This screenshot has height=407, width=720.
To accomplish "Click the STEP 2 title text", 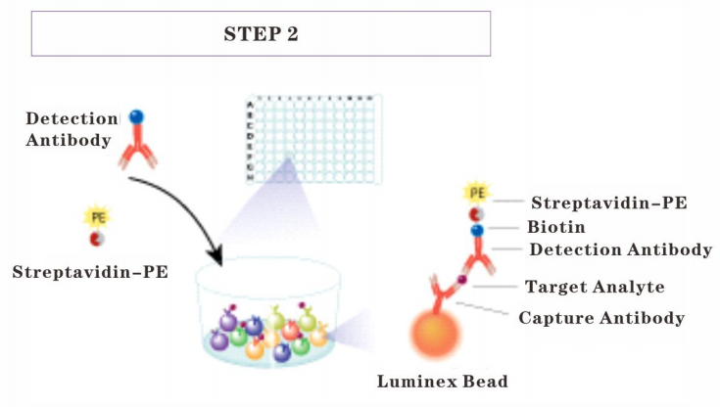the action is (x=261, y=34).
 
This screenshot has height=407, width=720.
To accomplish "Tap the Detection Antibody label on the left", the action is (x=72, y=129).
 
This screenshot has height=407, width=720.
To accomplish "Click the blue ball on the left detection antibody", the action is (x=136, y=117).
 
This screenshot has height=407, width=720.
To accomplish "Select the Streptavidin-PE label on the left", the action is (x=90, y=272).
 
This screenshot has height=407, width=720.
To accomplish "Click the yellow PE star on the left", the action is (x=98, y=217).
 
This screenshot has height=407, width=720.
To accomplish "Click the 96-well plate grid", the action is (x=313, y=140).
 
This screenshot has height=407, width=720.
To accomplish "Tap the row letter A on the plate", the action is (x=250, y=105).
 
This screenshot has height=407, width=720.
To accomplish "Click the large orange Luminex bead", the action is (x=434, y=334).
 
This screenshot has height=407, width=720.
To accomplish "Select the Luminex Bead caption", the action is (x=443, y=382).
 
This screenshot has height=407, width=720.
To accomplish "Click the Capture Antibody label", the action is (x=601, y=318).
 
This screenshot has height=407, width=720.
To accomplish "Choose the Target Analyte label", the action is (x=595, y=287).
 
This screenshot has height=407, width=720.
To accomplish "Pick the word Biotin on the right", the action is (x=556, y=227).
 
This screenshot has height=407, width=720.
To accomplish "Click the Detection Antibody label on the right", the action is (x=621, y=249).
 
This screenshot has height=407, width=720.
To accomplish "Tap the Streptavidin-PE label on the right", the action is (x=609, y=203).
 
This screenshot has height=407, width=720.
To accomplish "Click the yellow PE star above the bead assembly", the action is (x=477, y=193).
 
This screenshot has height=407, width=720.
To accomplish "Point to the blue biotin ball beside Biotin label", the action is (x=477, y=230).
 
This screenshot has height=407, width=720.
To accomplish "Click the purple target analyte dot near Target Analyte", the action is (x=462, y=280).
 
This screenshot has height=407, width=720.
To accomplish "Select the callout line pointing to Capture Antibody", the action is (x=482, y=308).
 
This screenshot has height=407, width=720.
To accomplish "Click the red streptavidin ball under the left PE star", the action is (x=97, y=239).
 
